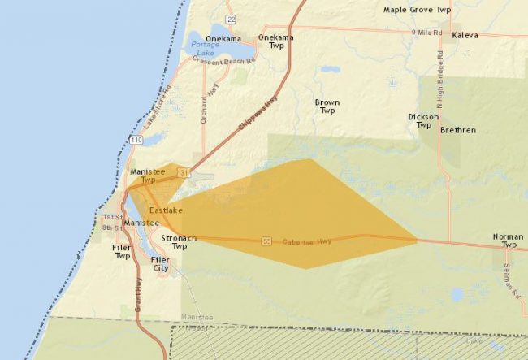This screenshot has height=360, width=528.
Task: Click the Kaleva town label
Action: pos(465,36)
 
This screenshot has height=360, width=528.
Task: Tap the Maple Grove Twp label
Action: pos(417,10)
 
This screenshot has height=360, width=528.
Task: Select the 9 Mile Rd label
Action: pos(426,32)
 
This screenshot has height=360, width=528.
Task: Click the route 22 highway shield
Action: pos(232,19)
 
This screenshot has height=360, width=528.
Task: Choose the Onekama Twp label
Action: pos(275,42)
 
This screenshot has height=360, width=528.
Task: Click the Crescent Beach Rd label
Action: pos(225,61)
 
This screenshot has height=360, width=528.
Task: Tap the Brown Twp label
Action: pos(327,106)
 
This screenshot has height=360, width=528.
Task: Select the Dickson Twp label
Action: pos(423,121)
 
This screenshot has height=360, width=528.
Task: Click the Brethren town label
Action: pos(457,130)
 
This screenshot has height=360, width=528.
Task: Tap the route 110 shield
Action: pos(135,140)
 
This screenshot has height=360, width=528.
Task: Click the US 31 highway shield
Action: pos(184,172)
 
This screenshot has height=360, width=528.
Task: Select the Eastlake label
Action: pos(166,210)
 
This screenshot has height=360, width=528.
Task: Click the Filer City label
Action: pos(160,264)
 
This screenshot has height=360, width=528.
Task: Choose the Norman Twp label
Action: pos(508,241)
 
